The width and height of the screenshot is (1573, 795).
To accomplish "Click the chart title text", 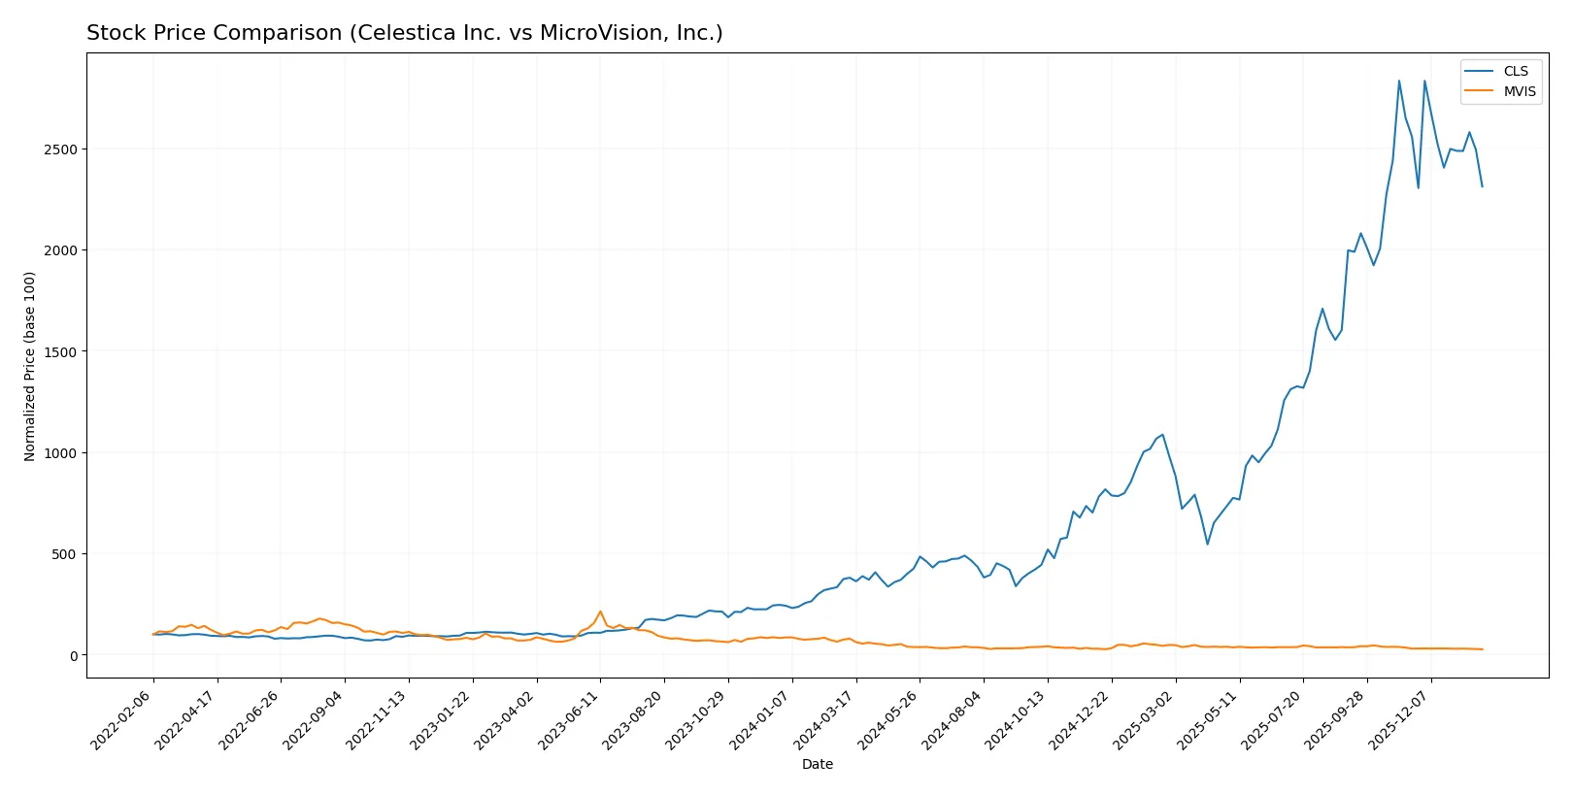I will coord(404,33).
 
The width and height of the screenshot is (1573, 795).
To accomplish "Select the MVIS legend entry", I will coord(1519,91).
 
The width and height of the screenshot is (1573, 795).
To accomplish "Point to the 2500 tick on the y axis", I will coord(60,149).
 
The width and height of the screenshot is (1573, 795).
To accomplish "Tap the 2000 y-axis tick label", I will coord(60,250).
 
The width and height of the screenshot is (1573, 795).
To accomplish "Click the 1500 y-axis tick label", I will coord(60,351).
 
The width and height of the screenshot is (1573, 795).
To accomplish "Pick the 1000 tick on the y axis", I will coord(60,453).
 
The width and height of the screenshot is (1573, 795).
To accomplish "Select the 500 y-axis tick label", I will coord(64,554).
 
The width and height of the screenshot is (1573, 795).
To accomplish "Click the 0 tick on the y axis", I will coord(74,656).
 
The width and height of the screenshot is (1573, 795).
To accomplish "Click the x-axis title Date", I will coord(817,764).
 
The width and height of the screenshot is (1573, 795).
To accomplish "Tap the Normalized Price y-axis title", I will coord(30,366).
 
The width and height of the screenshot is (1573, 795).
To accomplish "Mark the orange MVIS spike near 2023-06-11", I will coord(600,612).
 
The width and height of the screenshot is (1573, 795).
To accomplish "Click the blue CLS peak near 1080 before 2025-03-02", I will coord(1162,435).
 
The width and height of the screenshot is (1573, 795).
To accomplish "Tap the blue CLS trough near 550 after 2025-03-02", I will coord(1207,544).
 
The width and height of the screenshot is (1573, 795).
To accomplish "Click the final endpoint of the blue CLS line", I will coord(1482,186).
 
